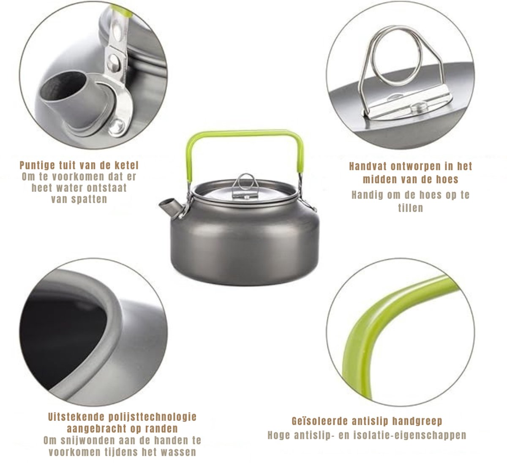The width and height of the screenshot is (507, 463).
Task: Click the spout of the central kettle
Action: (x=169, y=207)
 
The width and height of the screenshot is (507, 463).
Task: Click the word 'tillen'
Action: (x=411, y=208)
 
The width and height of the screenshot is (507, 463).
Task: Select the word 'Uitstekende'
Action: (x=76, y=417)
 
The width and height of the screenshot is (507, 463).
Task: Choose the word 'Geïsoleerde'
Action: (x=320, y=421)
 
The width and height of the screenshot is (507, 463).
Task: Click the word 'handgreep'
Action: (x=417, y=421)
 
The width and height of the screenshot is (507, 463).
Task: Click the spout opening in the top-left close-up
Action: (x=62, y=85)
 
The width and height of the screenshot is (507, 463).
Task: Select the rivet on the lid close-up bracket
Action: (x=419, y=107)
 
